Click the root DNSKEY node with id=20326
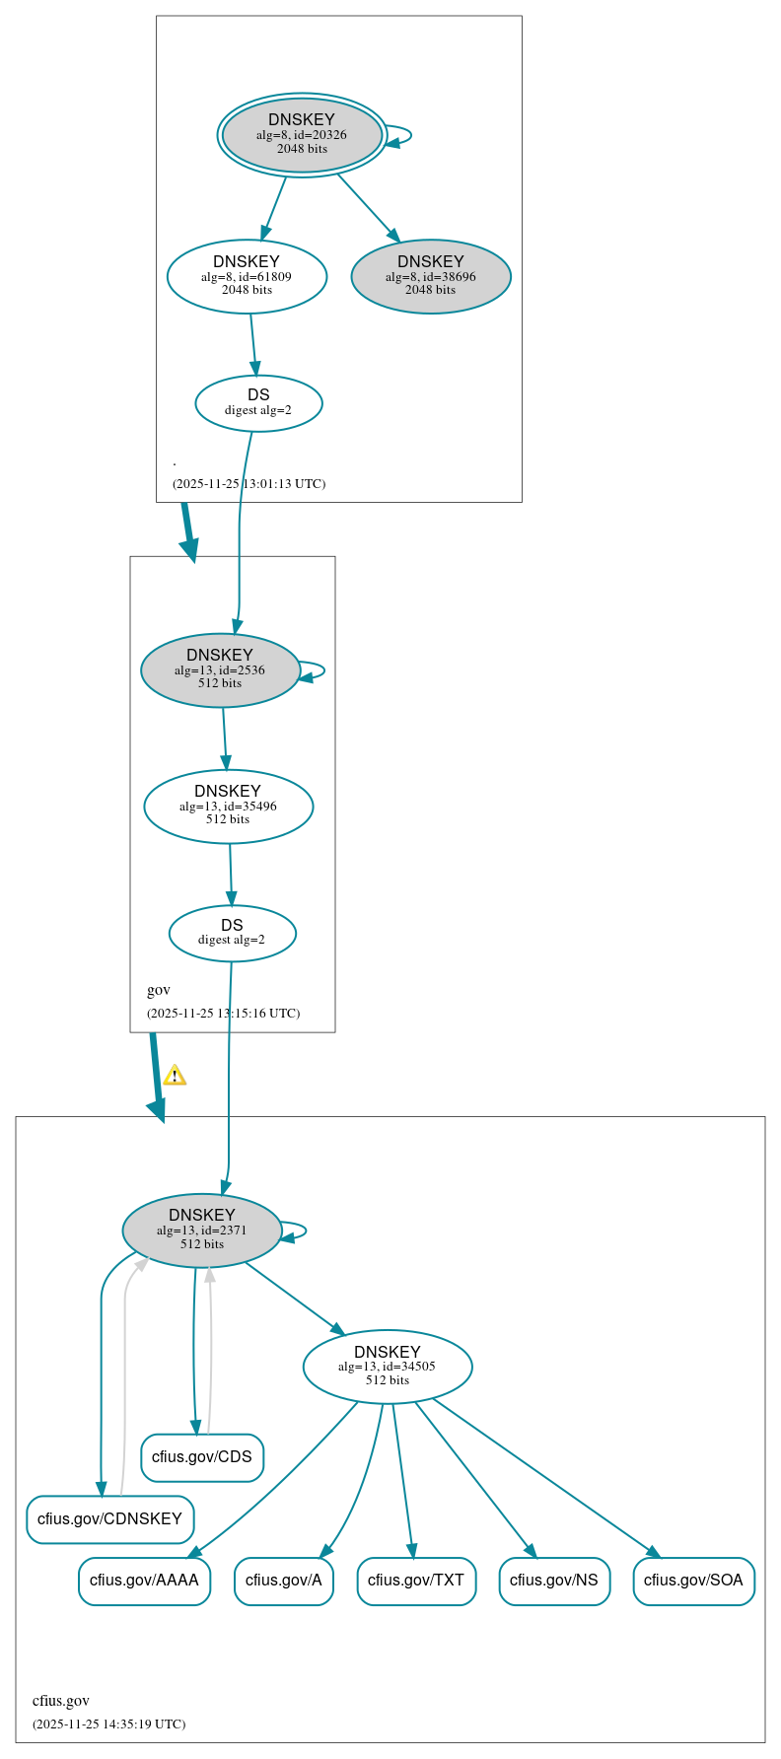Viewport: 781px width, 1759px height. tap(302, 135)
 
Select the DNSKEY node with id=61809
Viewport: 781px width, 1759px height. tap(247, 276)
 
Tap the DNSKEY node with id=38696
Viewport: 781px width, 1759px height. tap(431, 276)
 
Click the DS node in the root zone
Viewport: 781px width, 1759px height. tap(258, 402)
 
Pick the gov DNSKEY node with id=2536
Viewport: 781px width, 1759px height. tap(220, 669)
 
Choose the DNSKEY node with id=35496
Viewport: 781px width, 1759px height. tap(228, 806)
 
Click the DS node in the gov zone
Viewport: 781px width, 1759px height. tap(232, 933)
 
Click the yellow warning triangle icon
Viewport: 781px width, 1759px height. tap(175, 1075)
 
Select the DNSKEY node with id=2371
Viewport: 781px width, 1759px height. tap(202, 1230)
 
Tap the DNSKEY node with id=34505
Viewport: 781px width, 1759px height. tap(388, 1366)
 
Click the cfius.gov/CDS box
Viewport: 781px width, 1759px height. tap(202, 1457)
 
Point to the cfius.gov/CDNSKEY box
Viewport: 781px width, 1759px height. tap(109, 1518)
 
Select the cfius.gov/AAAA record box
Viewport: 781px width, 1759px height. tap(144, 1581)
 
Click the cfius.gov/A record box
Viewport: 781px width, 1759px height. tap(284, 1581)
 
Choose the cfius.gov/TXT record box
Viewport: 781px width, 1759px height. tap(416, 1581)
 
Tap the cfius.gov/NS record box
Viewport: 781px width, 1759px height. tap(554, 1581)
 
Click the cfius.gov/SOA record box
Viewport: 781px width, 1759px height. tap(693, 1581)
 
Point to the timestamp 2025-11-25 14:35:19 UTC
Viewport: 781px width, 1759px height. tap(108, 1724)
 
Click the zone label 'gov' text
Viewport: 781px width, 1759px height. tap(159, 990)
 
